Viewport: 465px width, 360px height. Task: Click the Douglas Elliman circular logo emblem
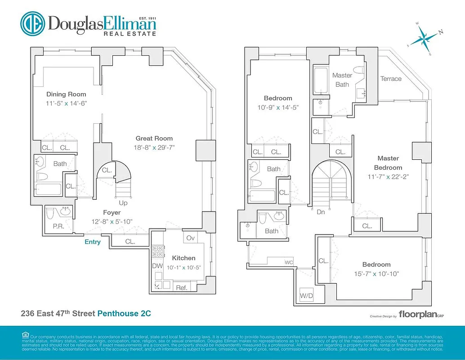pyautogui.click(x=32, y=24)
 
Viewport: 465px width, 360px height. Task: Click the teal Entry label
pyautogui.click(x=93, y=242)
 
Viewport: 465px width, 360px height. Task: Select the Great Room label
pyautogui.click(x=154, y=139)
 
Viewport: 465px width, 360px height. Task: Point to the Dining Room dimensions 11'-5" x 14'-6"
pyautogui.click(x=66, y=103)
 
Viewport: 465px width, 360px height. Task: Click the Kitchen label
pyautogui.click(x=184, y=258)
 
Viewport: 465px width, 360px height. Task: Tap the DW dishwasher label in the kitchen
pyautogui.click(x=157, y=266)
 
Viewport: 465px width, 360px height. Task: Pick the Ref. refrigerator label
pyautogui.click(x=182, y=288)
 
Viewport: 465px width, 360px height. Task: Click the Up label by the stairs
pyautogui.click(x=123, y=202)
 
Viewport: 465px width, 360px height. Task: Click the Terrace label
pyautogui.click(x=391, y=79)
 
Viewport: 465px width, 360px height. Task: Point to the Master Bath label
pyautogui.click(x=342, y=80)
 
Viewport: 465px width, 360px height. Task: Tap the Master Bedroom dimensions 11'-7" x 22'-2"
pyautogui.click(x=388, y=177)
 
